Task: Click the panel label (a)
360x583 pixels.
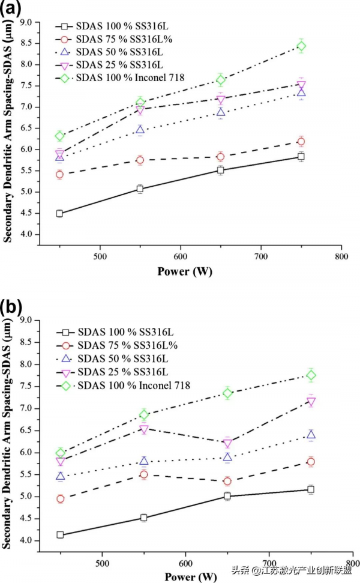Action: (11, 10)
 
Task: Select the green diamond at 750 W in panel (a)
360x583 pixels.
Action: (301, 46)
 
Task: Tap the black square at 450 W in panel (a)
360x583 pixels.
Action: (59, 214)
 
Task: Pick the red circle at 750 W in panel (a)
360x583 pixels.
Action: (301, 142)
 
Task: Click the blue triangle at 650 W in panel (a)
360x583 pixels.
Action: (221, 112)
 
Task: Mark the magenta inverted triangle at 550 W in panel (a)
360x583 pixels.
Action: (140, 110)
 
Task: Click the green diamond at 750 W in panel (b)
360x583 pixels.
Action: (311, 375)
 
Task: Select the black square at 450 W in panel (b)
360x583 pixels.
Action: (60, 534)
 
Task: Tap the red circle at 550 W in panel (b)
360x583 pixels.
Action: (144, 474)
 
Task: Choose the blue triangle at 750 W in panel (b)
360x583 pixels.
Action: (311, 435)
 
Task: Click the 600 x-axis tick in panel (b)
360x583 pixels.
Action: (185, 564)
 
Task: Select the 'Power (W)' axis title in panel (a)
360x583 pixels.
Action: (184, 271)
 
